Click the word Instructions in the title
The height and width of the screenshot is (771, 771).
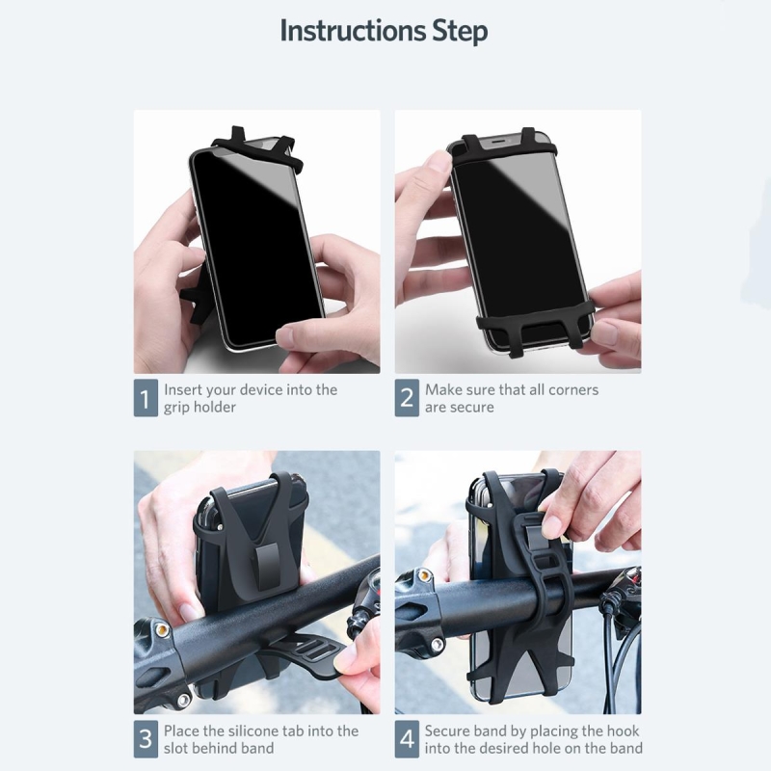[x=353, y=31]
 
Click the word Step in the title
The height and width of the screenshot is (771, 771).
[x=461, y=32]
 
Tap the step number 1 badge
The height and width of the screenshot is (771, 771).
[x=146, y=398]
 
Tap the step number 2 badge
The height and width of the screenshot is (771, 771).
[x=407, y=398]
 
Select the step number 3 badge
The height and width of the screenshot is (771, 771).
[x=146, y=739]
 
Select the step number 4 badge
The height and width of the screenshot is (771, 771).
[x=407, y=739]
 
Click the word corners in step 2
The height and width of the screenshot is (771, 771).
[x=573, y=390]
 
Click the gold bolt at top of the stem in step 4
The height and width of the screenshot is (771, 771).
[x=422, y=574]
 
